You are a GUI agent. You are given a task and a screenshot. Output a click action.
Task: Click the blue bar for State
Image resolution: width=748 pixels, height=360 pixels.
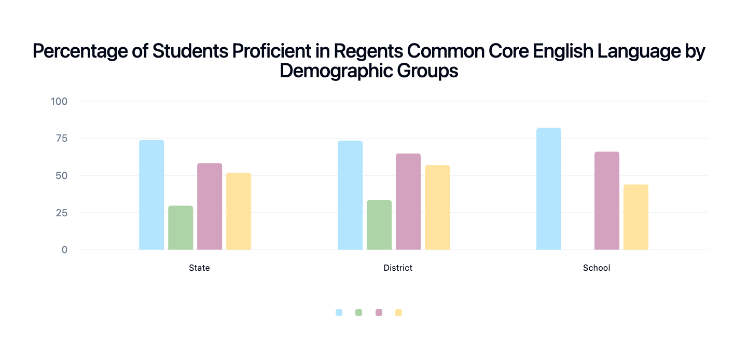point(151,195)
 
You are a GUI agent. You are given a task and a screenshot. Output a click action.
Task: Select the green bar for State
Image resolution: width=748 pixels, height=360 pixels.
point(181,228)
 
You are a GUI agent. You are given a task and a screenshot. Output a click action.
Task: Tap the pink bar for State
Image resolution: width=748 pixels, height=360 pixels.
point(210,206)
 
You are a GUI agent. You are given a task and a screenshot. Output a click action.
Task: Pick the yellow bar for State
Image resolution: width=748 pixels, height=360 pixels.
point(239,211)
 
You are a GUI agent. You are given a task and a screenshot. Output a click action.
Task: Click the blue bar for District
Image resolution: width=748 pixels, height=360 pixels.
point(350,195)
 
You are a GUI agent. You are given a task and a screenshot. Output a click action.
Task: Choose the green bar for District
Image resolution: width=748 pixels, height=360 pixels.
point(379,225)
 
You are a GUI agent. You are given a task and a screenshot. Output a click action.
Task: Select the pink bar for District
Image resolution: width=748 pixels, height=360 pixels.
point(408,202)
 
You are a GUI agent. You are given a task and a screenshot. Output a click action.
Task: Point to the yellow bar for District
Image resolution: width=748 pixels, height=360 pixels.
point(437,207)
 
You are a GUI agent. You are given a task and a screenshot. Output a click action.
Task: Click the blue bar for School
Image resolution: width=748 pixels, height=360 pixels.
point(549,189)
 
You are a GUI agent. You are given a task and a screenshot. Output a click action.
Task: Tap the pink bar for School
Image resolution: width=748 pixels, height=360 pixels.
point(607,201)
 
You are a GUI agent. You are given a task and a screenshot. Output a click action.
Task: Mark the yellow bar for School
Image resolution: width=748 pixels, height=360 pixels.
point(636,217)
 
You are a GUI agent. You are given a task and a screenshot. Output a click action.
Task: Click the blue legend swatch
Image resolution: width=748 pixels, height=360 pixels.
point(339,312)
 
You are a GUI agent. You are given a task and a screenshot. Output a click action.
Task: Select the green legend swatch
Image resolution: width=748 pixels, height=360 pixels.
point(359,312)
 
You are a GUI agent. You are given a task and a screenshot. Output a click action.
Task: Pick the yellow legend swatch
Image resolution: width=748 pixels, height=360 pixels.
point(398,312)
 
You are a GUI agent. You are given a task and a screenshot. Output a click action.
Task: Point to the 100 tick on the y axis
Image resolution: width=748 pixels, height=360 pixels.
point(59,101)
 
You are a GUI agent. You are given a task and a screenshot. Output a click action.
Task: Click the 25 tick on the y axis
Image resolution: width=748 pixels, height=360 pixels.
point(61,213)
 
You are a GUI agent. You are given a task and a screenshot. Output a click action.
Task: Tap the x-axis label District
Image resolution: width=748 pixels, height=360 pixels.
point(398,268)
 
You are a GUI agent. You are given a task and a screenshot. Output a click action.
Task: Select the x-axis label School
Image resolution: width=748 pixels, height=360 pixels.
point(597,268)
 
